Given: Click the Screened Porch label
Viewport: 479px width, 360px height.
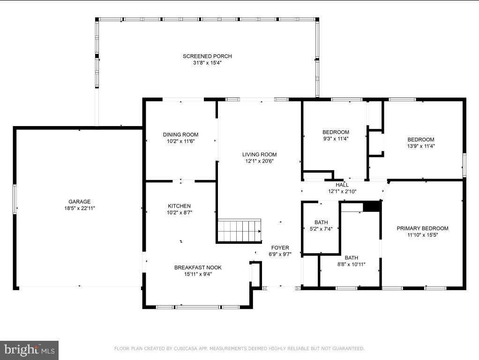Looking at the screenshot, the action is click(x=207, y=56).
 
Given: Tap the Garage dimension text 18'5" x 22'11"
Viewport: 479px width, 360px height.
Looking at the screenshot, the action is click(x=79, y=208).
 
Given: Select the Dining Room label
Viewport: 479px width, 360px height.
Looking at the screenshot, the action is click(x=180, y=135).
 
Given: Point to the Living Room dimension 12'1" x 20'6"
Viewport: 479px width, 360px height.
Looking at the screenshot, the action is click(x=259, y=161).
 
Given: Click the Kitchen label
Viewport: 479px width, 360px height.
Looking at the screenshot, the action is click(x=180, y=206).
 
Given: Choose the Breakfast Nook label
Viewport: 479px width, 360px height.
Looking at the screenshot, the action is click(x=198, y=267).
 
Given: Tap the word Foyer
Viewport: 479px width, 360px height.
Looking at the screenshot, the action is click(x=280, y=247).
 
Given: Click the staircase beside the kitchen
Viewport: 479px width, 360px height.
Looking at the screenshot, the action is click(x=239, y=231).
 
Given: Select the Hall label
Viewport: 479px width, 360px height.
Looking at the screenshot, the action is click(x=342, y=185).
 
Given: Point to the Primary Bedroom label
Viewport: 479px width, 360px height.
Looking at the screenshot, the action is click(x=422, y=228).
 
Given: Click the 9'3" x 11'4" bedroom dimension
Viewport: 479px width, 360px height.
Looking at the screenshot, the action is click(x=336, y=139).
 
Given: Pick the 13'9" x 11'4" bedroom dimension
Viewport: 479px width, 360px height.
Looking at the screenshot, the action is click(x=421, y=146).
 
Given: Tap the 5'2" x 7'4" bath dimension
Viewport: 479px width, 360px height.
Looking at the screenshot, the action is click(x=321, y=229).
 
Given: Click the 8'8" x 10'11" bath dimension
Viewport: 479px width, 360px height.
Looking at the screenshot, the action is click(x=352, y=264).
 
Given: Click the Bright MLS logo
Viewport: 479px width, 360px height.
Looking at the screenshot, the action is click(x=30, y=350).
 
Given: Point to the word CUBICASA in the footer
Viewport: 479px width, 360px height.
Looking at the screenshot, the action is click(x=185, y=348).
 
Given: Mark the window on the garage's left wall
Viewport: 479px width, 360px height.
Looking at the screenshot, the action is click(x=15, y=199).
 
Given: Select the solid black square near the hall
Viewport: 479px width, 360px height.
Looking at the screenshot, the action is click(x=372, y=206).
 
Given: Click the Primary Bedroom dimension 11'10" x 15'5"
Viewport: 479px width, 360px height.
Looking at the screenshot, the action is click(x=422, y=235).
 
